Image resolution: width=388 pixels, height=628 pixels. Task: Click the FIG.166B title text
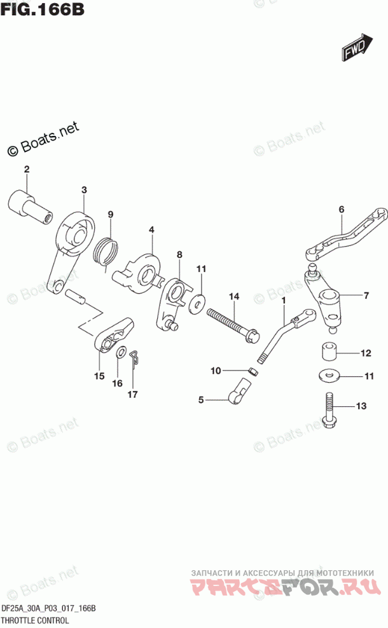[x=44, y=11]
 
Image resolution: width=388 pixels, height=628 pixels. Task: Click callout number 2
[x=27, y=169]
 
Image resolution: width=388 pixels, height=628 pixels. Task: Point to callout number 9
[x=110, y=214]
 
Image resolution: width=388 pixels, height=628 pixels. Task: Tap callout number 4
[x=152, y=229]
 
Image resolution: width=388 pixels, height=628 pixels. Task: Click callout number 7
[x=366, y=295]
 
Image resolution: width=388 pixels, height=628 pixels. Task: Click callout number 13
[x=362, y=406]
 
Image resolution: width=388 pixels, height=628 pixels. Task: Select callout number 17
[x=133, y=395]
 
